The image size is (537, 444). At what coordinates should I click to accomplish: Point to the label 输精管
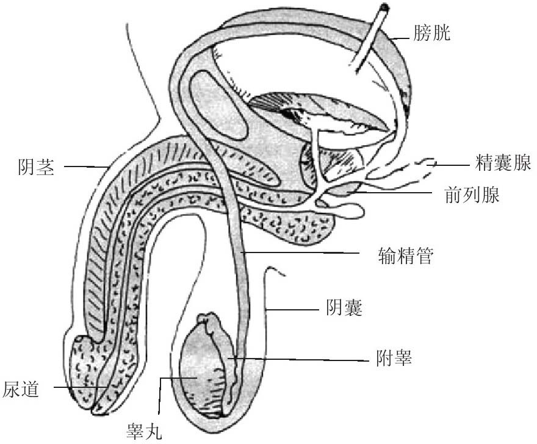click(406, 256)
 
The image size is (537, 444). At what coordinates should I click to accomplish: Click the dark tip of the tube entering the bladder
click(384, 8)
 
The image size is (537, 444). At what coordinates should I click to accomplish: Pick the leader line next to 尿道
click(79, 387)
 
